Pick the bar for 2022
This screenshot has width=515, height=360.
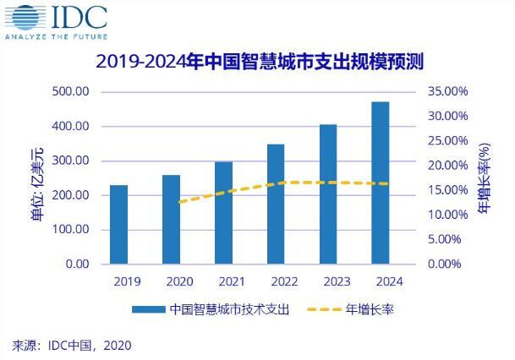click(x=276, y=204)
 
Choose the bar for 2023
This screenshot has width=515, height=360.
click(x=328, y=194)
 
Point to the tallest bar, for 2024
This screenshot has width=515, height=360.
click(x=381, y=183)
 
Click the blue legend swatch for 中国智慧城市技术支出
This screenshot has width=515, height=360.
click(x=147, y=310)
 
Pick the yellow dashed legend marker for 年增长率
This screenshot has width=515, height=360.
click(x=318, y=310)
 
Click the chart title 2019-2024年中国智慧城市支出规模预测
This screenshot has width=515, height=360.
click(x=260, y=61)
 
